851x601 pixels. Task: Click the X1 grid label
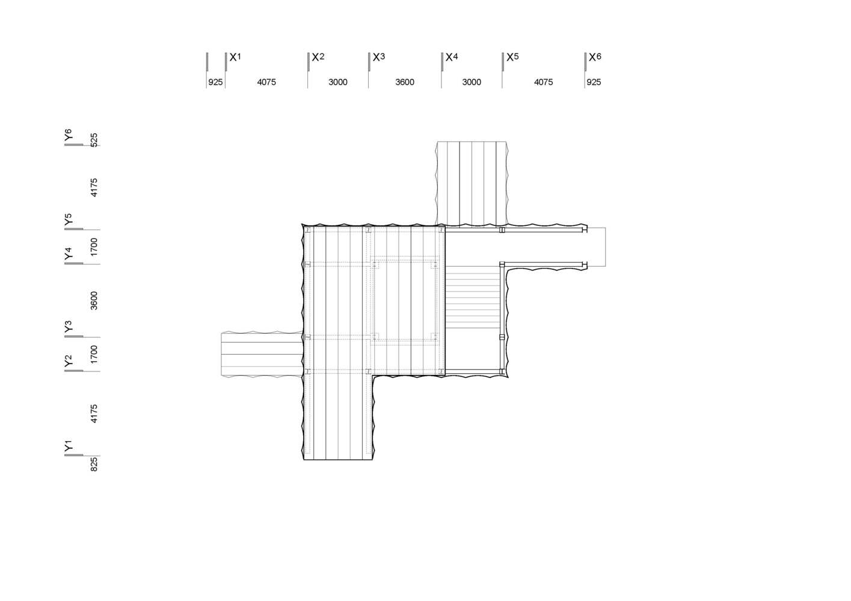click(x=235, y=57)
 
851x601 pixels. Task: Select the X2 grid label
click(x=318, y=57)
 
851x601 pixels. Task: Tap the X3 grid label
click(x=379, y=57)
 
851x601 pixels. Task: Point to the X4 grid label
click(x=452, y=57)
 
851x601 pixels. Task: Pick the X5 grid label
click(x=512, y=57)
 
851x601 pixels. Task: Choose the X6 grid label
click(x=595, y=57)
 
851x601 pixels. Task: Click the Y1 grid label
click(x=69, y=446)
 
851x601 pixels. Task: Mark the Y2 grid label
click(x=69, y=361)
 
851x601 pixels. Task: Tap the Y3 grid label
click(x=69, y=326)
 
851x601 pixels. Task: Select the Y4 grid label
click(x=69, y=253)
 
